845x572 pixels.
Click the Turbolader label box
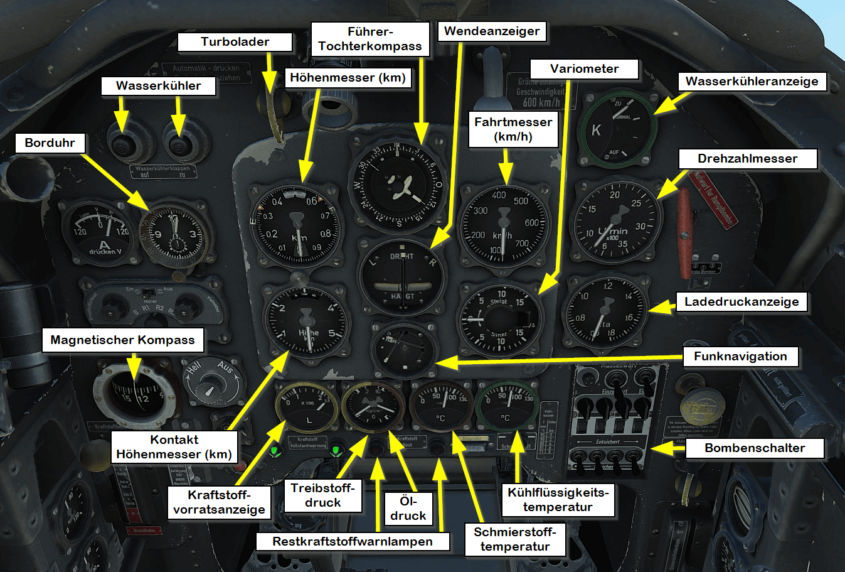coord(235,42)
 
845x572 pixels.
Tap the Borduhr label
coord(50,143)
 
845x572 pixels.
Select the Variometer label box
coord(584,69)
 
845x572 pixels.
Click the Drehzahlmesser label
coord(747,159)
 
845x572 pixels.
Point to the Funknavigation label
coord(740,357)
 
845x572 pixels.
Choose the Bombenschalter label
coord(755,448)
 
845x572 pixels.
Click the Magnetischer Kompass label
coord(122,340)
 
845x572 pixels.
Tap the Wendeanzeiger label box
coord(492,31)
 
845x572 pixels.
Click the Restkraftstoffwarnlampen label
coord(352,541)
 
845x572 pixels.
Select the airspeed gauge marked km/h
coord(503,226)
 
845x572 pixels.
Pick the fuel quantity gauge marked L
coord(307,407)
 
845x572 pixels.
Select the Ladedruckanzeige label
coord(741,302)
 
